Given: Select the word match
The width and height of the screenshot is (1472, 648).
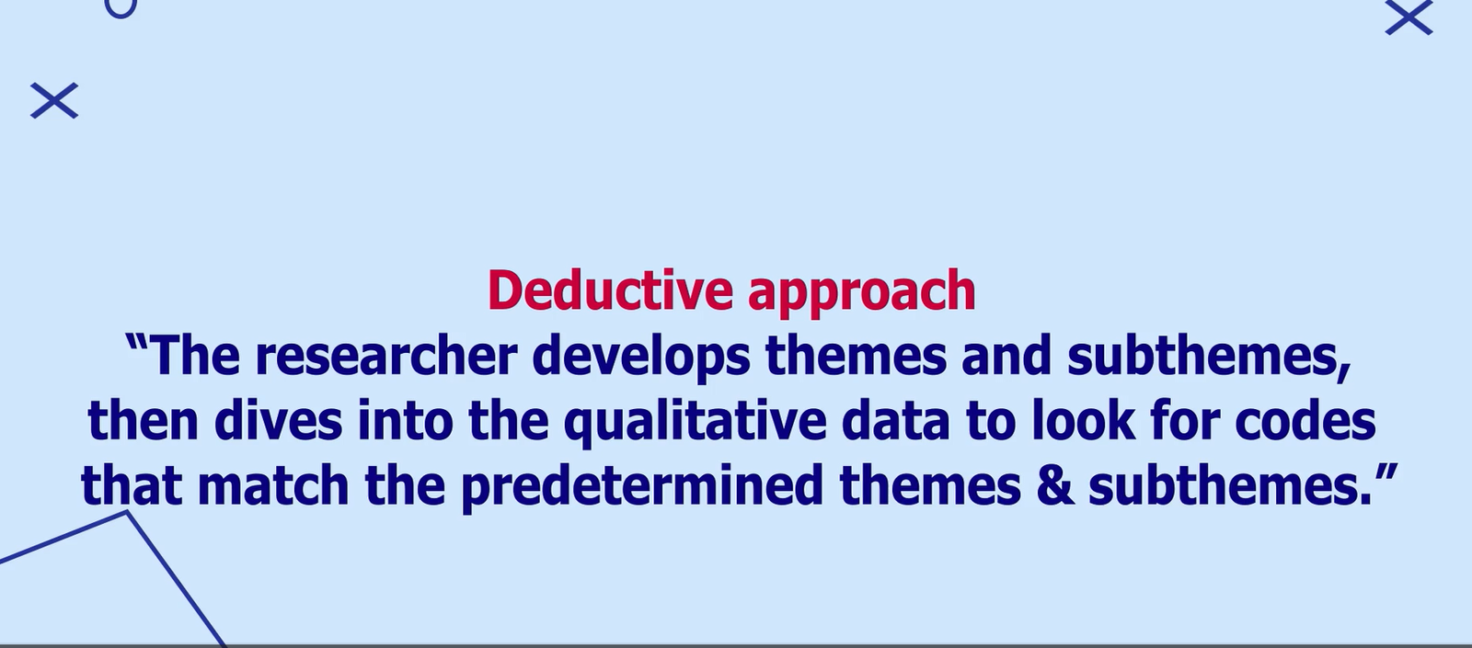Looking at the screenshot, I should pyautogui.click(x=273, y=486).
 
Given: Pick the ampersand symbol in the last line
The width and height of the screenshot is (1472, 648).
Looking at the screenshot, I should pyautogui.click(x=1054, y=486).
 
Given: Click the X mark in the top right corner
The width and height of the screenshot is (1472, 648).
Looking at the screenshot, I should pyautogui.click(x=1409, y=18).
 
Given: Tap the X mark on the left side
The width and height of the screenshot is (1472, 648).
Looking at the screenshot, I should pyautogui.click(x=54, y=101).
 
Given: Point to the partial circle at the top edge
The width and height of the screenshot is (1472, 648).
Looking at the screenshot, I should pyautogui.click(x=121, y=8).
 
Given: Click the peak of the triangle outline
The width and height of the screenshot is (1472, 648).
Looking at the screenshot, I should pyautogui.click(x=127, y=514).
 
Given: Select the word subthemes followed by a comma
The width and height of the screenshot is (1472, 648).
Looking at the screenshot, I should pyautogui.click(x=1208, y=357).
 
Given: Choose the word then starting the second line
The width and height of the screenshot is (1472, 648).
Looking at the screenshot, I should pyautogui.click(x=143, y=422).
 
